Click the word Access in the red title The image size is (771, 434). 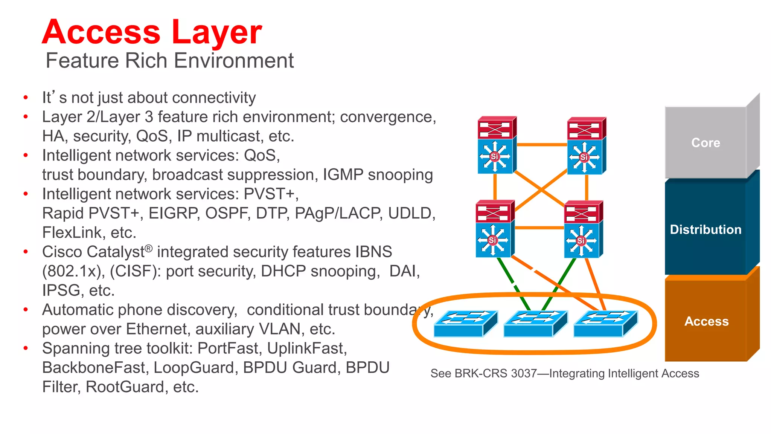101,32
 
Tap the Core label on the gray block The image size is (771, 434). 705,143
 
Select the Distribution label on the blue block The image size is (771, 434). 705,229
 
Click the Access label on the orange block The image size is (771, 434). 706,321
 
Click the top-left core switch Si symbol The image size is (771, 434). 494,156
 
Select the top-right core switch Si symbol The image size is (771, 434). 584,157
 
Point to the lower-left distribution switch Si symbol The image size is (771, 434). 492,240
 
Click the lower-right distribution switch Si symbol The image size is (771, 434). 581,240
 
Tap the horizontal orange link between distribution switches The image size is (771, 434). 539,228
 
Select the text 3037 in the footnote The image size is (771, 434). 524,373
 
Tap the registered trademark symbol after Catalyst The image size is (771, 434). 149,248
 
